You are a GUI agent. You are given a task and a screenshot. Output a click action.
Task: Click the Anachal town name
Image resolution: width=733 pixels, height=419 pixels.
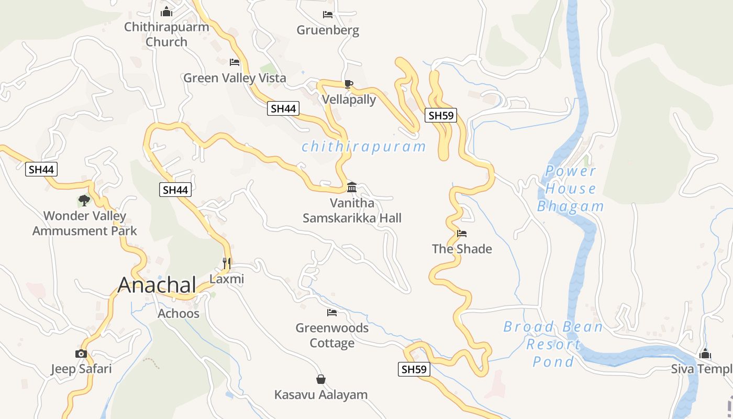point(157,285)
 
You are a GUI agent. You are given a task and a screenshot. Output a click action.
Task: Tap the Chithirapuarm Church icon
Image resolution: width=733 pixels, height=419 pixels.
point(166,11)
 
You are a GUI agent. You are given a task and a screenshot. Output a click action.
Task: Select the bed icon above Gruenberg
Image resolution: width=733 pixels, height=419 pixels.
point(328,15)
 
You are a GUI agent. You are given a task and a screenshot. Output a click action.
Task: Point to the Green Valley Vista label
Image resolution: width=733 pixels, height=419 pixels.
point(235,78)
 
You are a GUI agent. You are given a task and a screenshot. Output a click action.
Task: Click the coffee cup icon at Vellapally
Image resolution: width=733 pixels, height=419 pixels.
point(349,84)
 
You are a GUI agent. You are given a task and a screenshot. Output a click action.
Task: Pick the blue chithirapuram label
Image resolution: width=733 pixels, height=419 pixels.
point(364,147)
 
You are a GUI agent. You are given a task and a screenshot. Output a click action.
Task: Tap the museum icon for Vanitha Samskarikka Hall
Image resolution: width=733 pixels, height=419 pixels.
point(352,187)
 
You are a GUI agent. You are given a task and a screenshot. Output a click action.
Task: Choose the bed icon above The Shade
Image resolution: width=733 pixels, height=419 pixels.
point(462,234)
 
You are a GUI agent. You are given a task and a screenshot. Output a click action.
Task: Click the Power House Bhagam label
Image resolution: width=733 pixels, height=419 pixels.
point(571,189)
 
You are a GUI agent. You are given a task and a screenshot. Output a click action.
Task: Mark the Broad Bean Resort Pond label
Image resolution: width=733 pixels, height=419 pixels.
point(553,344)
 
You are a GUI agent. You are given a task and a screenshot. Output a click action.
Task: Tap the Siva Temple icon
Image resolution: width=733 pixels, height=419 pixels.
point(705,354)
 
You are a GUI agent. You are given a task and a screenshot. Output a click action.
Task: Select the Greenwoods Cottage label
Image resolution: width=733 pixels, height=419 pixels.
point(332,335)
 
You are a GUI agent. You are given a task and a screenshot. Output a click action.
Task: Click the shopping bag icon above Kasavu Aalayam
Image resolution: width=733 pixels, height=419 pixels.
point(321,379)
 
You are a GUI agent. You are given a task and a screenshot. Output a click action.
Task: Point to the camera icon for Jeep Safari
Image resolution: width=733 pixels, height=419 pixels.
point(81,354)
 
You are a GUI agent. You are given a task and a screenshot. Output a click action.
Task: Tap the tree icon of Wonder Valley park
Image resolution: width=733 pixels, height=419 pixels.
point(84,200)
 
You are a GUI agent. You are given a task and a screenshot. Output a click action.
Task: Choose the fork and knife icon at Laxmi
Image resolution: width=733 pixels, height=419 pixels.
point(227,263)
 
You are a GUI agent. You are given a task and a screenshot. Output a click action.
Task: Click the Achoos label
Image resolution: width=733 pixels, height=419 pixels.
point(179,314)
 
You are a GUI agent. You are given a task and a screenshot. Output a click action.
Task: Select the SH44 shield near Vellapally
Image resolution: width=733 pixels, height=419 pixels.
point(283,108)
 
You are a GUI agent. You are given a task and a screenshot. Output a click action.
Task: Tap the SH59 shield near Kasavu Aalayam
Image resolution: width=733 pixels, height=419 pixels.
point(414,369)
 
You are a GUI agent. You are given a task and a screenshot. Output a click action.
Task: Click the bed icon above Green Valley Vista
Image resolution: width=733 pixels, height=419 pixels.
point(235,62)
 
